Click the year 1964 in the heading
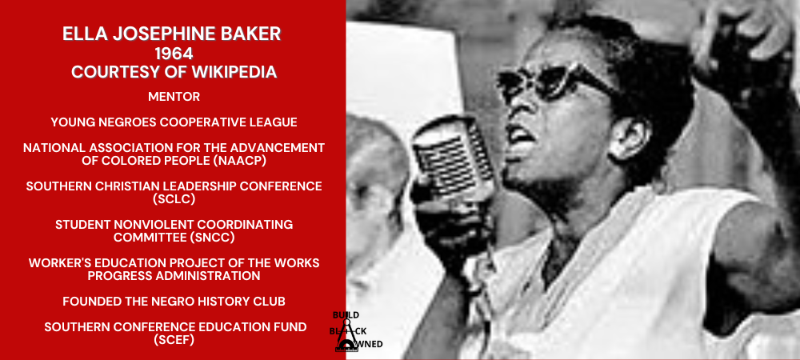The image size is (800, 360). [x=174, y=53]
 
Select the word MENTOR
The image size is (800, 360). [x=174, y=97]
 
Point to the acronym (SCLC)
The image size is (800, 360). [x=174, y=199]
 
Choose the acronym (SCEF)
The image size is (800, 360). [x=174, y=340]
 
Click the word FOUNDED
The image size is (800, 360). [x=94, y=302]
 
